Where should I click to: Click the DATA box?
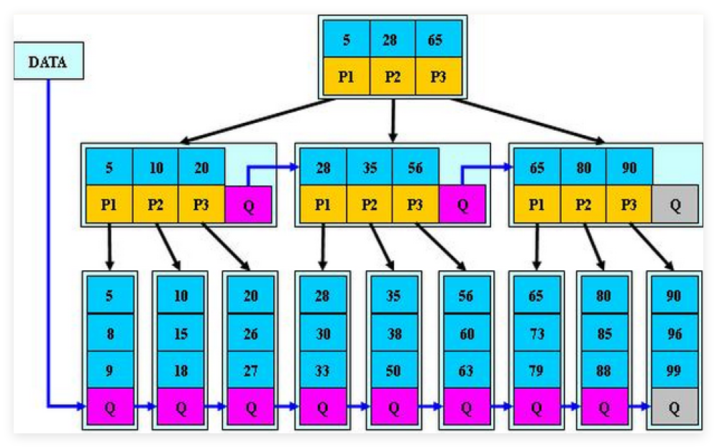(47, 62)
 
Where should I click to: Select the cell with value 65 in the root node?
(436, 40)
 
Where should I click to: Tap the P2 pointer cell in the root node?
(392, 76)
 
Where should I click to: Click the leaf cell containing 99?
(674, 370)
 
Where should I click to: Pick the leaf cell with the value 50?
(393, 370)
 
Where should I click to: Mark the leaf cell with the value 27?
(250, 370)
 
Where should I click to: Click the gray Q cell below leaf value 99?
(674, 407)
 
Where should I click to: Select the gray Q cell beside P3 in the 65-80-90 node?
(675, 204)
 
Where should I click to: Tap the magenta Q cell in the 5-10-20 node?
(249, 204)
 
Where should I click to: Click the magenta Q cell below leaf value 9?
(109, 407)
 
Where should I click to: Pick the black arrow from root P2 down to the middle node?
(393, 119)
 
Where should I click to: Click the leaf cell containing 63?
(465, 370)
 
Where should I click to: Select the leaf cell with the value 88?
(604, 370)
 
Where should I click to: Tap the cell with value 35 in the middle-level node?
(369, 167)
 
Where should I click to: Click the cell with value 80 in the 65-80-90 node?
(583, 167)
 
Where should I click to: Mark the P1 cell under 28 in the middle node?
(323, 204)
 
